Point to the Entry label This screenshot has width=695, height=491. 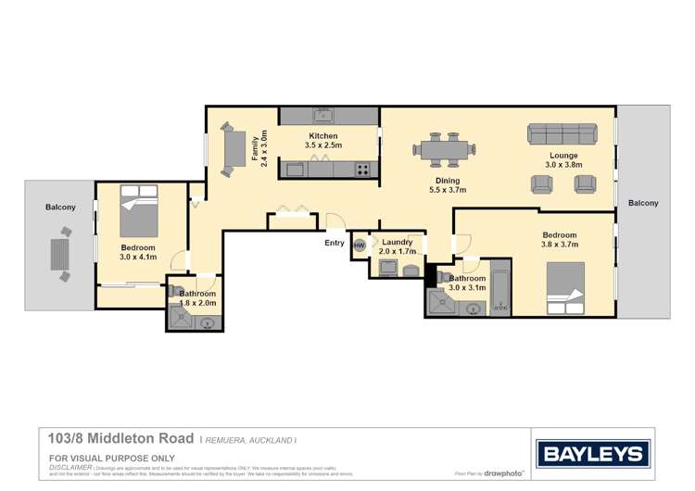pyautogui.click(x=334, y=244)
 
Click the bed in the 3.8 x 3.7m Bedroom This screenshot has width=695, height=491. pyautogui.click(x=565, y=283)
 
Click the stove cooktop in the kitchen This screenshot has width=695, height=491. pyautogui.click(x=362, y=170)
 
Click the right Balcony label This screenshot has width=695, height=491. pyautogui.click(x=643, y=203)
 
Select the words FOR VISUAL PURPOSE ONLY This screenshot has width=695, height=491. pyautogui.click(x=111, y=459)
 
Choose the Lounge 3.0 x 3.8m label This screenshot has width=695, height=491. pyautogui.click(x=562, y=160)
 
